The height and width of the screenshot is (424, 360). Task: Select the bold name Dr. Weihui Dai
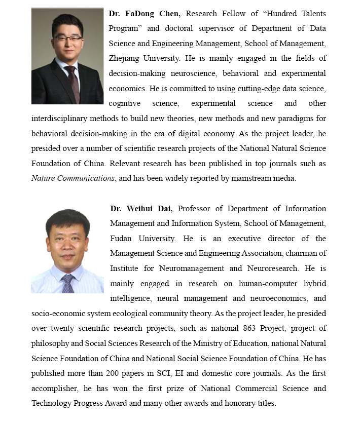coord(142,209)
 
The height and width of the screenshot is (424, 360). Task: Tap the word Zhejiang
coord(126,58)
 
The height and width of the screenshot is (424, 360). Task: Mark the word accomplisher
coord(56,389)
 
